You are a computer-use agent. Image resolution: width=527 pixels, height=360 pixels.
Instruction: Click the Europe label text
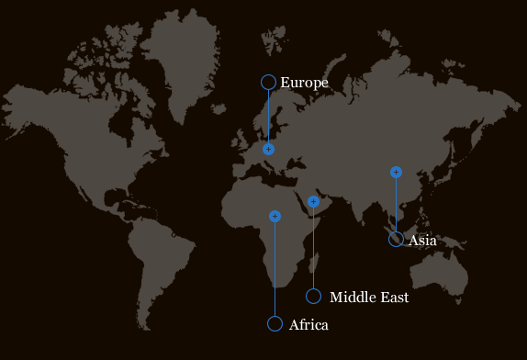click(x=304, y=83)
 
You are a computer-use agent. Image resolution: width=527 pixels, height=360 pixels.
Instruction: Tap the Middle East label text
click(x=368, y=297)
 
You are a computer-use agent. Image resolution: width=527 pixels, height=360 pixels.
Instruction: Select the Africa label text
click(x=308, y=324)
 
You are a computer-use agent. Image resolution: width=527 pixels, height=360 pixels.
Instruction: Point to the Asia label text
click(x=421, y=241)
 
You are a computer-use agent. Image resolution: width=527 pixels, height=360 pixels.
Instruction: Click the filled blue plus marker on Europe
click(x=268, y=149)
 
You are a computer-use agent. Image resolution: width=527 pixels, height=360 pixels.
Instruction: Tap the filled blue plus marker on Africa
click(x=275, y=217)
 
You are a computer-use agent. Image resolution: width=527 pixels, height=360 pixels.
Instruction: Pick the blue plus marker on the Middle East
click(x=313, y=201)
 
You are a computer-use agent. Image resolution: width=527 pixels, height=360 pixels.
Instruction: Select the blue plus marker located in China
click(x=396, y=172)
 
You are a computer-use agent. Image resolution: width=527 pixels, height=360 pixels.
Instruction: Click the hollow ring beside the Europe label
click(x=268, y=83)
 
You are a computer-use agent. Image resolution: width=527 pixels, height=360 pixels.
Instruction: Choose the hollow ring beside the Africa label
click(x=275, y=323)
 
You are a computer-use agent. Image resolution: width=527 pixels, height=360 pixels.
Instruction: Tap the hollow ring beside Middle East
click(x=313, y=296)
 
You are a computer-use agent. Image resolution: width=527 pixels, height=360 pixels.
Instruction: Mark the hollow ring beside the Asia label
click(x=396, y=240)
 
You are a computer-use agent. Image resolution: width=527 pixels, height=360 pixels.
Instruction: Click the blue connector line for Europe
click(x=268, y=116)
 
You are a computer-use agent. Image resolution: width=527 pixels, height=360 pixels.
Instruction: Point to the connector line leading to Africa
click(x=275, y=270)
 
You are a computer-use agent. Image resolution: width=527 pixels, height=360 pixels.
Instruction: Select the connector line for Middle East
click(x=313, y=248)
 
